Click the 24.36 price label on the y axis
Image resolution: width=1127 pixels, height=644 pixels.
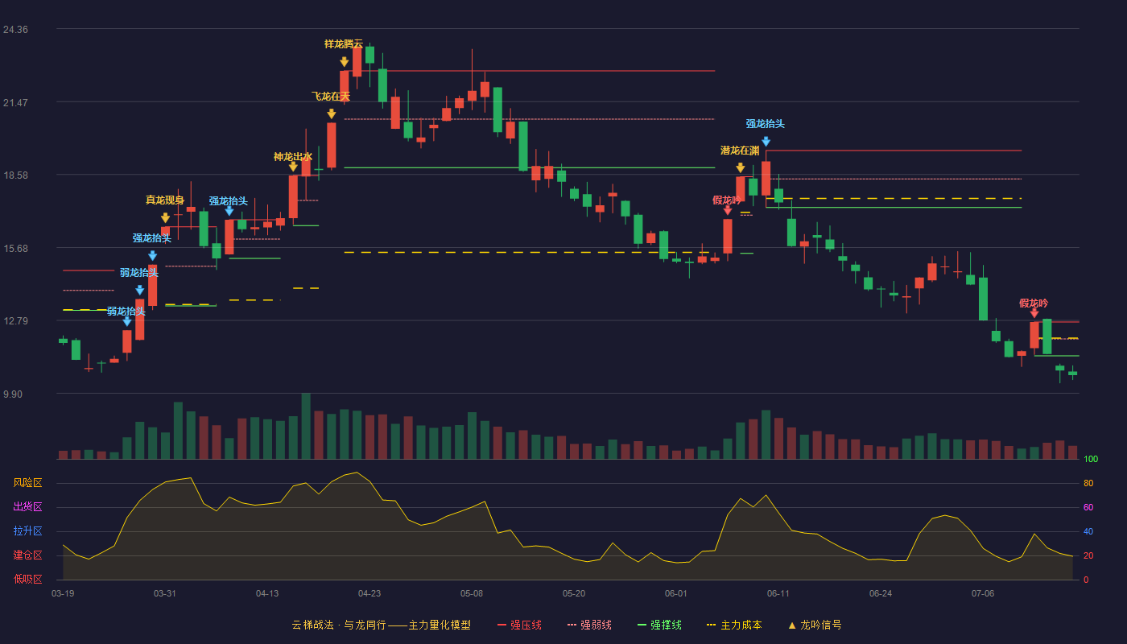(x=15, y=30)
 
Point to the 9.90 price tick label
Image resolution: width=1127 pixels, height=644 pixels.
(x=13, y=394)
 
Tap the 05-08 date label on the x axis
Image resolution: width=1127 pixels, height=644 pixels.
(x=472, y=594)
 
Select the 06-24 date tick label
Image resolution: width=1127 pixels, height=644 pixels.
(x=881, y=594)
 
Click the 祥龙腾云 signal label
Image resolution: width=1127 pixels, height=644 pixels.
(x=344, y=44)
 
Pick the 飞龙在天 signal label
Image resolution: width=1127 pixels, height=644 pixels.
(x=331, y=96)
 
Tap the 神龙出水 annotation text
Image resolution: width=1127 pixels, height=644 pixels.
(x=293, y=157)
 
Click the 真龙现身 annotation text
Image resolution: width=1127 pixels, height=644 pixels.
(x=165, y=200)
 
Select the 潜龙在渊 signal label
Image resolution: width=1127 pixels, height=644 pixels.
(x=740, y=151)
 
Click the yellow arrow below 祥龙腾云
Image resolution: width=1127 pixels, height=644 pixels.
(x=345, y=62)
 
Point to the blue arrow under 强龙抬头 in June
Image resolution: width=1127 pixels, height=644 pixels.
(x=766, y=142)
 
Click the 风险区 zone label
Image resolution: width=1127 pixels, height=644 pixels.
(x=27, y=483)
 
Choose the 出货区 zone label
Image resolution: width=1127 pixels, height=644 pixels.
(x=27, y=506)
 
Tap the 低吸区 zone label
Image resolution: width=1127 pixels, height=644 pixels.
(x=27, y=579)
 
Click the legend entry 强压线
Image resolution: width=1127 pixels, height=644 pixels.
(x=520, y=625)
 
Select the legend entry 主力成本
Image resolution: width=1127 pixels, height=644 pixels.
(x=734, y=625)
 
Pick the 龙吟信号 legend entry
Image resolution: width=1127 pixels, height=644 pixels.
(x=815, y=625)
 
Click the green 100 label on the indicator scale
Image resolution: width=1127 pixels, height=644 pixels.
(x=1091, y=459)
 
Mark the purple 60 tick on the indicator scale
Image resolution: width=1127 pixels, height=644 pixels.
(x=1088, y=507)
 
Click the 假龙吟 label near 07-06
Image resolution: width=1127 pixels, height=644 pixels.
(x=1034, y=303)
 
